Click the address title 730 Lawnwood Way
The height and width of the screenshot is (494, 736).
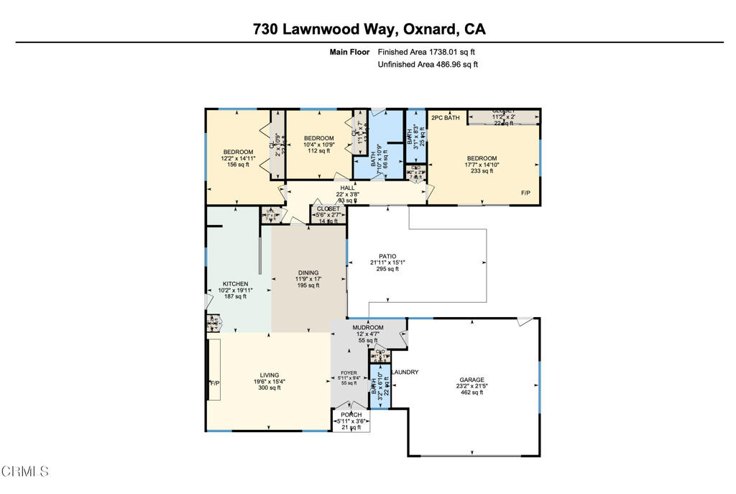coord(369,29)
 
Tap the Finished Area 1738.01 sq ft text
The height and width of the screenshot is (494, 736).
coord(426,52)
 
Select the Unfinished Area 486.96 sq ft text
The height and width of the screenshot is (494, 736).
coord(428,65)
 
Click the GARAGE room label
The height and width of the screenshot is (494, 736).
coord(472,380)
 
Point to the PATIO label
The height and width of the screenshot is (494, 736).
coord(388,256)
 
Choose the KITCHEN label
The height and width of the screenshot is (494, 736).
coord(235,284)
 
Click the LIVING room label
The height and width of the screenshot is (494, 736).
coord(270,375)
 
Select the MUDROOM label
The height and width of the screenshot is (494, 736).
coord(368,327)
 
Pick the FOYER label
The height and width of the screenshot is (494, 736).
coord(348,373)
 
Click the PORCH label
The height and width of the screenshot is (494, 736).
coord(352,415)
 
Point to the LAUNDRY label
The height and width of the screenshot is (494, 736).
coord(405,372)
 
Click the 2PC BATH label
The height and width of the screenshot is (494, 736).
coord(445,117)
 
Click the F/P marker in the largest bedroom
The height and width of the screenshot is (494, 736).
coord(526,193)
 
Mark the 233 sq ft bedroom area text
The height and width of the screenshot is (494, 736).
coord(482,171)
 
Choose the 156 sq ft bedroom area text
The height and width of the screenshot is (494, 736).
coord(237,164)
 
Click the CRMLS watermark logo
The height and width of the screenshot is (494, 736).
coord(25,472)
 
